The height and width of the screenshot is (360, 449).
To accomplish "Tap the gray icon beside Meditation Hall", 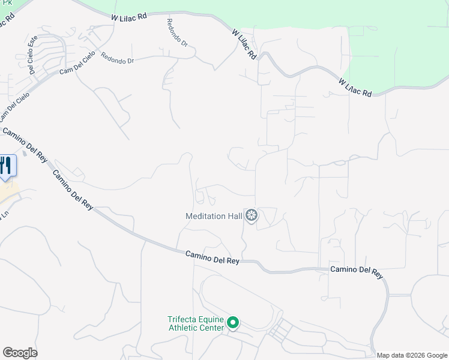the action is (252, 215).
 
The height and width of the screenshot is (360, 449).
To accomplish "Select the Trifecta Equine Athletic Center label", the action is (196, 323).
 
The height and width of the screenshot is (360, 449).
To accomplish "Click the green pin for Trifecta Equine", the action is (232, 324).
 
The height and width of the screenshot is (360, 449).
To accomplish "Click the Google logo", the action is (20, 353).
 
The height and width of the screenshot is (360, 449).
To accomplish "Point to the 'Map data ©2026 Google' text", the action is (412, 355).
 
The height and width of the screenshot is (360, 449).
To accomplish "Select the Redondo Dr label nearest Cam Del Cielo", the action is (117, 60).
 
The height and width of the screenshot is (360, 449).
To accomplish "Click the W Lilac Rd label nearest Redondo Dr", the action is (129, 17).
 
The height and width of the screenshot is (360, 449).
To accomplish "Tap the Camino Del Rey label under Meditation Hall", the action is (212, 257).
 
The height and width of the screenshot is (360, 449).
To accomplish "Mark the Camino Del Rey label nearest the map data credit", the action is (357, 271).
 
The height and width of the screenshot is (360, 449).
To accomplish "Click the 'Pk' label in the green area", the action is (5, 2).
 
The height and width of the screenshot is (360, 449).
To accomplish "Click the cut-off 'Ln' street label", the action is (5, 214).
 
